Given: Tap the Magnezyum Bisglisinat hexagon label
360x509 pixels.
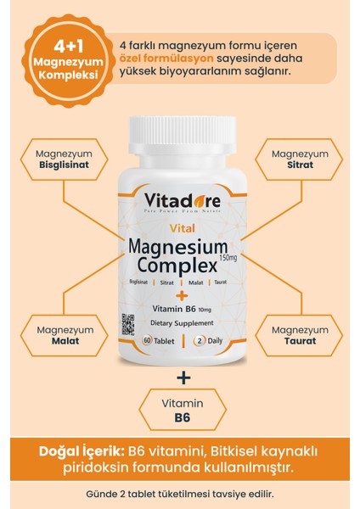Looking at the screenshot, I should coord(65,159).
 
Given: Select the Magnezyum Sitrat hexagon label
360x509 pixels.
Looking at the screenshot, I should coord(299,159).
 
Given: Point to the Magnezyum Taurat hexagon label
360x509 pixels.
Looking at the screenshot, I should coord(299,335).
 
